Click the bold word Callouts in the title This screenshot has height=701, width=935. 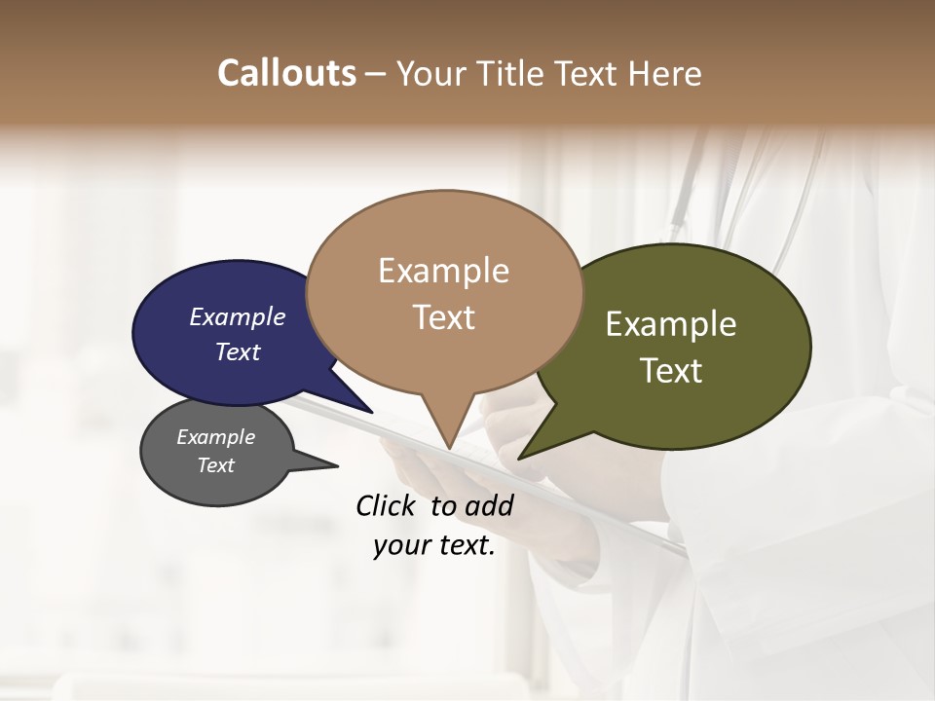coord(286,73)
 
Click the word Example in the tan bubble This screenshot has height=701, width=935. coord(443,271)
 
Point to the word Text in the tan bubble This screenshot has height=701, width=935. coord(443,317)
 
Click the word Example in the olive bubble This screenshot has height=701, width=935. coord(670,324)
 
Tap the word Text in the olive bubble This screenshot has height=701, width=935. coord(670,371)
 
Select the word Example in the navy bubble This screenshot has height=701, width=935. coord(237,317)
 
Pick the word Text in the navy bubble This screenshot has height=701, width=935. coord(237,351)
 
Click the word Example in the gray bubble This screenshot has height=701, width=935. coord(215,437)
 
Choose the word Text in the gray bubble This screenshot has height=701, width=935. coord(215,465)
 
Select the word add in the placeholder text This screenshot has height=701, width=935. coord(489,505)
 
